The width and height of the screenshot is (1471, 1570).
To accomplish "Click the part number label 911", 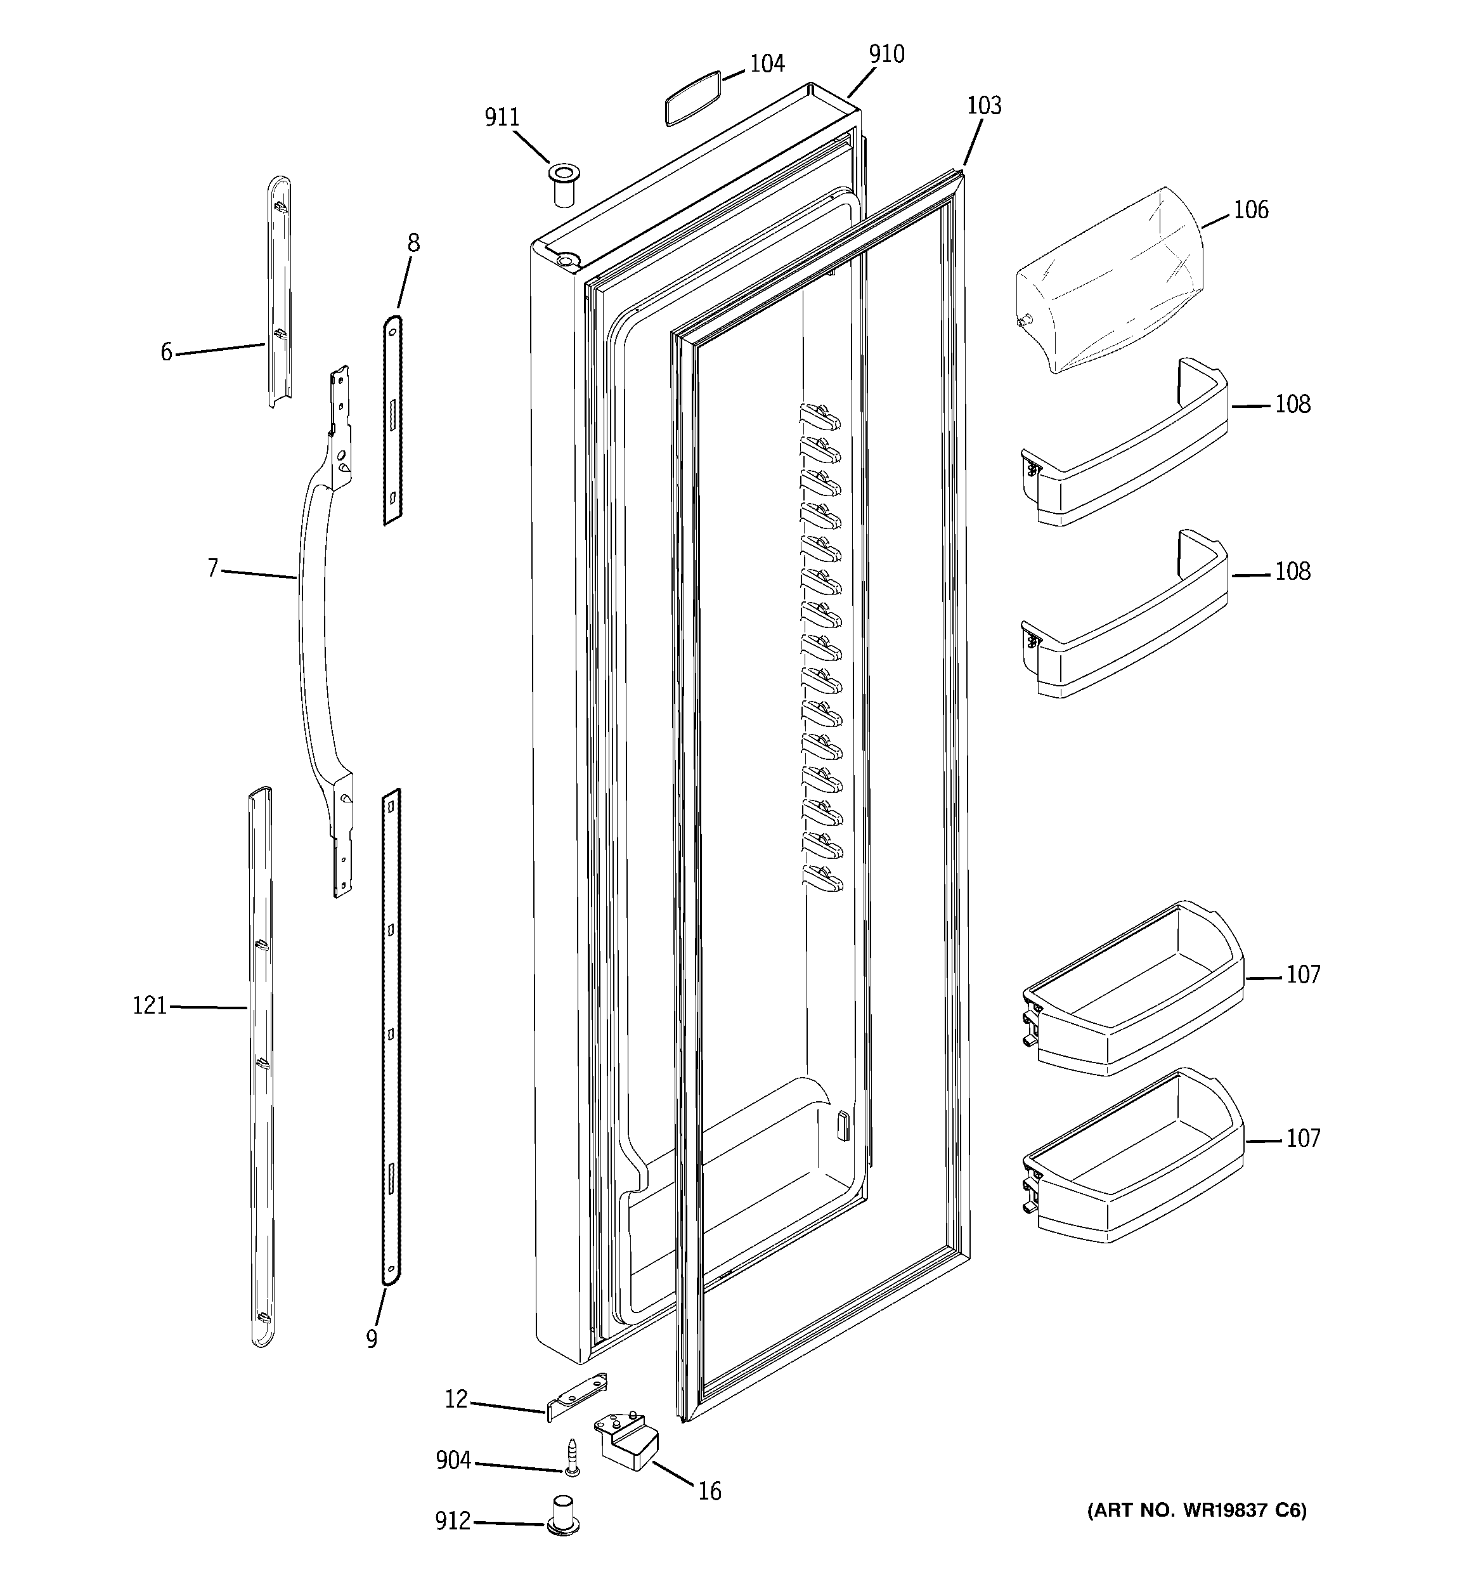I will [x=502, y=118].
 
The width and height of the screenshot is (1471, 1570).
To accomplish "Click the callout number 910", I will [x=886, y=55].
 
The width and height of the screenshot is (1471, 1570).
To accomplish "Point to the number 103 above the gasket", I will [x=984, y=106].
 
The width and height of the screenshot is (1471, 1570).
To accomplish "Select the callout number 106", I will [x=1251, y=210].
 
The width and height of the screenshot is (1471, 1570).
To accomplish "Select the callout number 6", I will [x=166, y=352].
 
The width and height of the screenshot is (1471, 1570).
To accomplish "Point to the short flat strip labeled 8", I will [x=392, y=419].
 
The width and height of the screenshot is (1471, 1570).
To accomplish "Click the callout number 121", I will [x=149, y=1006].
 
